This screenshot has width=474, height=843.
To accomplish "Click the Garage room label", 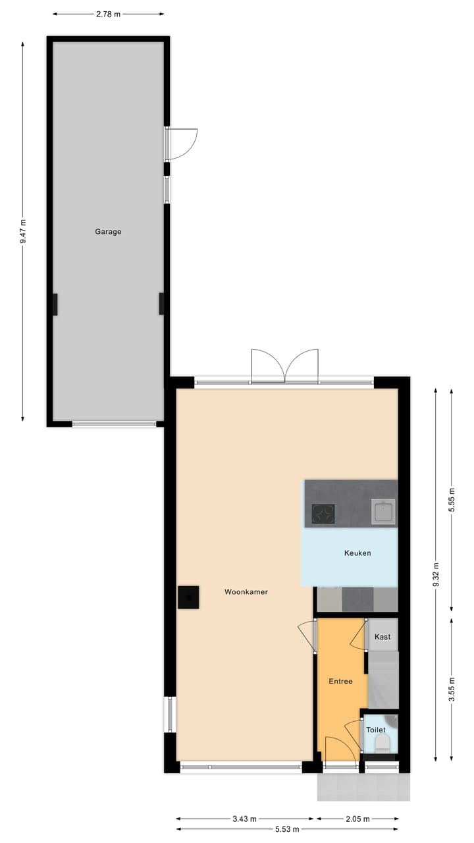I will point(108,232).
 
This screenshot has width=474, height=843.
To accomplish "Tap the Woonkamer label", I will point(246,592).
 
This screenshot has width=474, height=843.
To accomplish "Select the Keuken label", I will point(357,553).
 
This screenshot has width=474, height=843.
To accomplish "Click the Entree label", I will point(340,682).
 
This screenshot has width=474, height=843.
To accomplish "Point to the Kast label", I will point(382,637).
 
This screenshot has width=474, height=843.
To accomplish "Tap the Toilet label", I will point(376,730).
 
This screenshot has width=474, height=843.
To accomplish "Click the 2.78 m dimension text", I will point(108,14).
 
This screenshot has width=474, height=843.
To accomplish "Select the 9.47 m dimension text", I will point(23,231).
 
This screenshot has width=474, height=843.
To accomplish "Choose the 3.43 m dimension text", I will point(245,819).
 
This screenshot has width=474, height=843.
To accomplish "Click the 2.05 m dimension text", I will point(357,819).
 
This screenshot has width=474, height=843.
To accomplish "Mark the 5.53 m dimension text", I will point(288,829).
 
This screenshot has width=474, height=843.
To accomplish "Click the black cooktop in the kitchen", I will point(323,514).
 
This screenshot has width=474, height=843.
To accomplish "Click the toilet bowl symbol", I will point(382,744).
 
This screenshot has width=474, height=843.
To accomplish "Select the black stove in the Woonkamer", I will point(188,597).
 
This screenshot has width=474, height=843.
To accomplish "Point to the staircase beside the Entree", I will point(382,679).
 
